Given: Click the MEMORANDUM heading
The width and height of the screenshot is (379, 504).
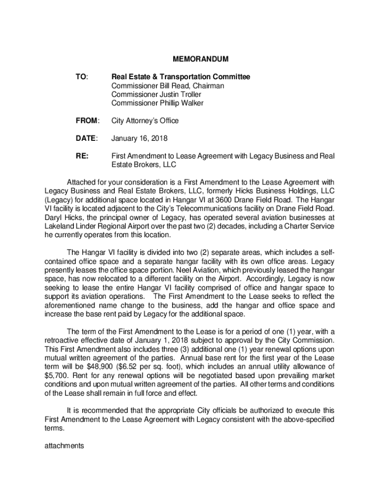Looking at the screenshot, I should pos(200,60).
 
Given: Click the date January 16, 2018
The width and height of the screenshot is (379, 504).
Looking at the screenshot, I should pos(139,138).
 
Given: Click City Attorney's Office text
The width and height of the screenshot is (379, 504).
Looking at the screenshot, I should pos(145,121).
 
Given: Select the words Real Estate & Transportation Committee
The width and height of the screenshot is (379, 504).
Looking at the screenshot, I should pos(181,77).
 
